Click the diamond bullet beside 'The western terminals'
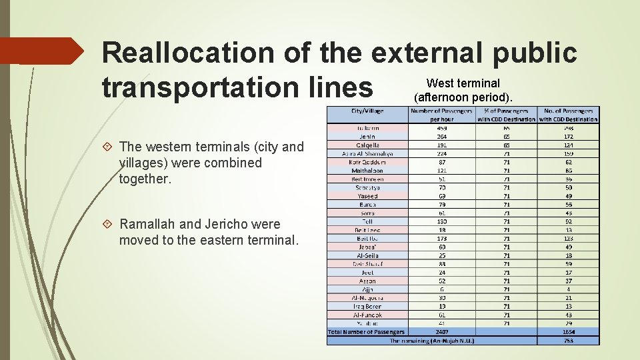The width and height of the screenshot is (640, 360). click(107, 147)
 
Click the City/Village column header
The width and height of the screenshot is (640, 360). click(367, 111)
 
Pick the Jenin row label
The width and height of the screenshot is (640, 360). click(367, 136)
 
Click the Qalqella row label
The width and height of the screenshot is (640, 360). click(367, 145)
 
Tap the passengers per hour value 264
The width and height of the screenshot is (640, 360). click(441, 136)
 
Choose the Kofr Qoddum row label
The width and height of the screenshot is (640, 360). click(367, 162)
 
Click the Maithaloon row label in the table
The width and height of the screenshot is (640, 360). click(367, 171)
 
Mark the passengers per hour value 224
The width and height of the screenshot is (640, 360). click(441, 153)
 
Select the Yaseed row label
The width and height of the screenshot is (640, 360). click(367, 196)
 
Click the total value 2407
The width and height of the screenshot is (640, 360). click(441, 332)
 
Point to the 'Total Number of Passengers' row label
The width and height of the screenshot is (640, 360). click(367, 332)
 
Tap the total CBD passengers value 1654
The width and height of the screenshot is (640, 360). click(568, 332)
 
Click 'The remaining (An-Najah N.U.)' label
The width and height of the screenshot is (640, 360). click(432, 341)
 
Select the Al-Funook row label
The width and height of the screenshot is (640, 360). click(367, 315)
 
